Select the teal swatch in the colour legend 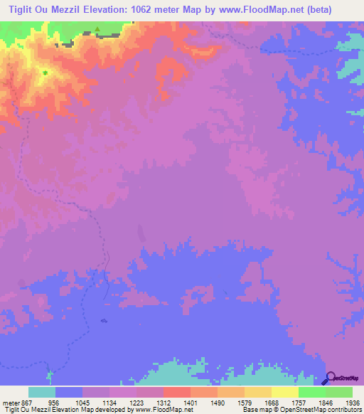41,392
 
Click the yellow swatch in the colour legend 284,392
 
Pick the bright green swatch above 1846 311,392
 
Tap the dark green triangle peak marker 97,30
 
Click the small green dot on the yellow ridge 45,73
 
